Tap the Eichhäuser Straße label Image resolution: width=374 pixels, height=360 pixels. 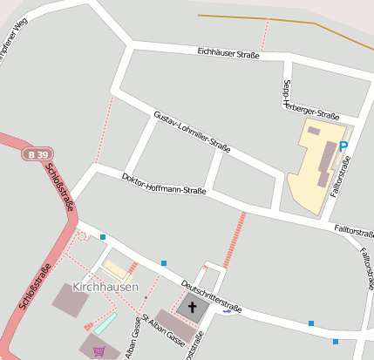228,54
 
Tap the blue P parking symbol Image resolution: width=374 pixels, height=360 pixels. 343,146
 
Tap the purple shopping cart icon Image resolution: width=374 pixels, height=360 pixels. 99,351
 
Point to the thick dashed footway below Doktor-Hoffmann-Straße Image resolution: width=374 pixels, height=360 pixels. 235,240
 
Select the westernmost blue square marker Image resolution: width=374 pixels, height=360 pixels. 103,237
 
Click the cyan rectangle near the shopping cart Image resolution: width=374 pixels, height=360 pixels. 105,323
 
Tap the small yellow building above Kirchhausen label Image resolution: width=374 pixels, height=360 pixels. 114,268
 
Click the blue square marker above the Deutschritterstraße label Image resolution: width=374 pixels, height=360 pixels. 163,262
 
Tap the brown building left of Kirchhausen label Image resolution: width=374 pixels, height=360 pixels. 70,299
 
